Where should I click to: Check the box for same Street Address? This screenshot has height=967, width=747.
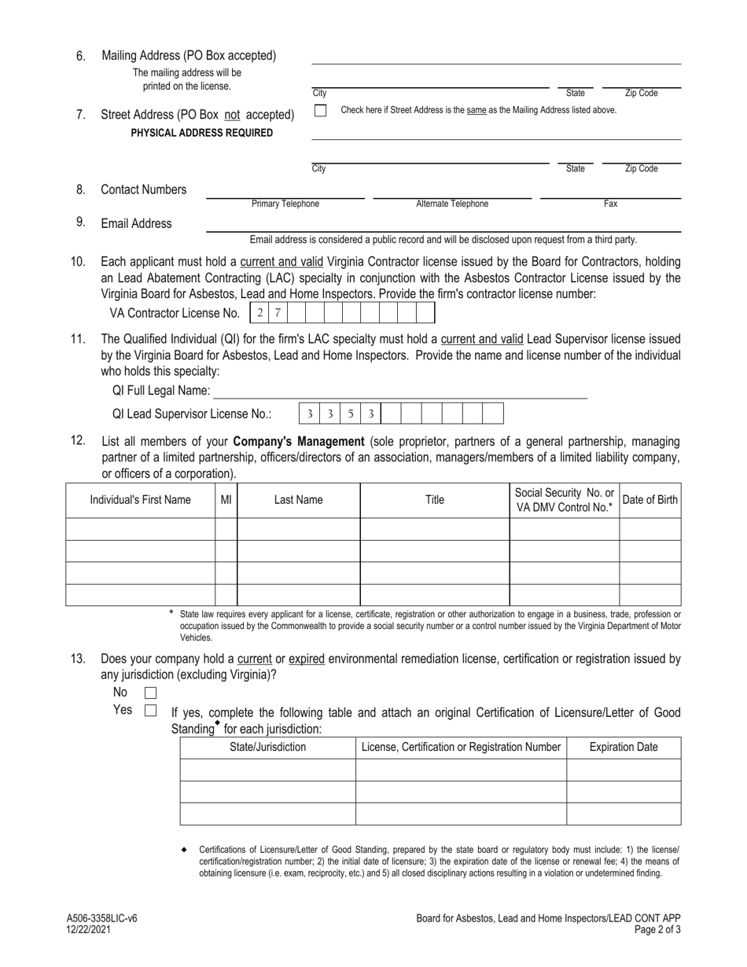(320, 111)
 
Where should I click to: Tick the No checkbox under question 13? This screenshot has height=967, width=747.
(151, 693)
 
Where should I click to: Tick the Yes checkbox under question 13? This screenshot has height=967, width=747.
(151, 711)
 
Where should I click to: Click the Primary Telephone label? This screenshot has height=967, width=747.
(285, 204)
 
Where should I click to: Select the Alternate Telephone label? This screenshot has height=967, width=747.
(452, 204)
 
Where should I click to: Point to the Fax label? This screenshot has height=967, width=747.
(610, 204)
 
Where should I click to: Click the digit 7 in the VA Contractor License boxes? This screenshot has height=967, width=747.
(278, 313)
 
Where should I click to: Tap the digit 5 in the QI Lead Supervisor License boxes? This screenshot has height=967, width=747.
(351, 414)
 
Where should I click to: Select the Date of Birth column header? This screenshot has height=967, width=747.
(650, 500)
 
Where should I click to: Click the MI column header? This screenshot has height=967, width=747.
(226, 500)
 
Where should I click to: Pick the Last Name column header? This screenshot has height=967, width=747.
(298, 500)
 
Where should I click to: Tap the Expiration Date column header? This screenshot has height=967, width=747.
(624, 748)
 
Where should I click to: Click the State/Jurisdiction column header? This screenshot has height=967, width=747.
(267, 748)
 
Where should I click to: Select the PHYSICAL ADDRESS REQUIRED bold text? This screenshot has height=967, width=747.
(202, 133)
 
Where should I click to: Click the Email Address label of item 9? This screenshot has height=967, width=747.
(136, 223)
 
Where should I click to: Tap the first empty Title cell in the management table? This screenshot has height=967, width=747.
(435, 529)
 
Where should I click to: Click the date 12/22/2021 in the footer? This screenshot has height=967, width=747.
(88, 929)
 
